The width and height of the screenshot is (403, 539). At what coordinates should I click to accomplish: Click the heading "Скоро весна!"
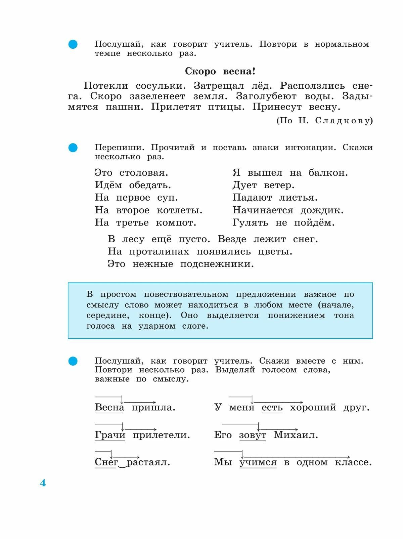tap(220, 72)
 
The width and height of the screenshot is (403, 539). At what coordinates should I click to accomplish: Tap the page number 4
tap(43, 483)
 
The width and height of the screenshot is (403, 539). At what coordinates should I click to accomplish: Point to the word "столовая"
tap(143, 173)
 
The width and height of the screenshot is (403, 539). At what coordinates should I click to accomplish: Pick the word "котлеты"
tap(179, 211)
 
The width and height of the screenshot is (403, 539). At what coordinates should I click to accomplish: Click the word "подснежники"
tap(217, 264)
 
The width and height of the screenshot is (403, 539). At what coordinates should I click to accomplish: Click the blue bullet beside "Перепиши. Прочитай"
tap(73, 148)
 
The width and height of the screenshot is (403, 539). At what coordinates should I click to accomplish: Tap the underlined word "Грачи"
tap(110, 435)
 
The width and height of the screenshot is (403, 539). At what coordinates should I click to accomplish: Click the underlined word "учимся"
tap(258, 462)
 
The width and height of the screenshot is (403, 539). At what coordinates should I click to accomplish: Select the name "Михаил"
tap(295, 435)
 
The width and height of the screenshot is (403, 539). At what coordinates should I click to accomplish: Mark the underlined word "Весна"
tap(109, 408)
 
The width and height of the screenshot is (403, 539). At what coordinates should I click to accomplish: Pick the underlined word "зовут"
tap(253, 435)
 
